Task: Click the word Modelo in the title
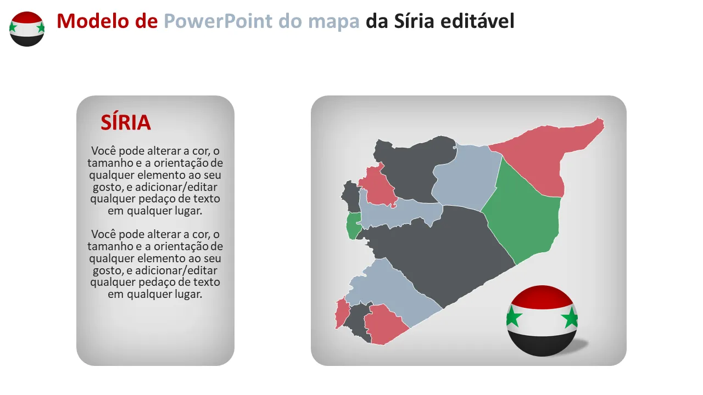(93, 21)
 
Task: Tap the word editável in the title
(478, 21)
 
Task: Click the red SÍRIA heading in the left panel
(126, 122)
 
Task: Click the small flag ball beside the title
(27, 29)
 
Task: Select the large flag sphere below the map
(542, 321)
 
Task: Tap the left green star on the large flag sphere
(513, 317)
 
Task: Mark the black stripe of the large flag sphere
(542, 343)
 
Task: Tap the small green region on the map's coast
(353, 225)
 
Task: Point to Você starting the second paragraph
(104, 234)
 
